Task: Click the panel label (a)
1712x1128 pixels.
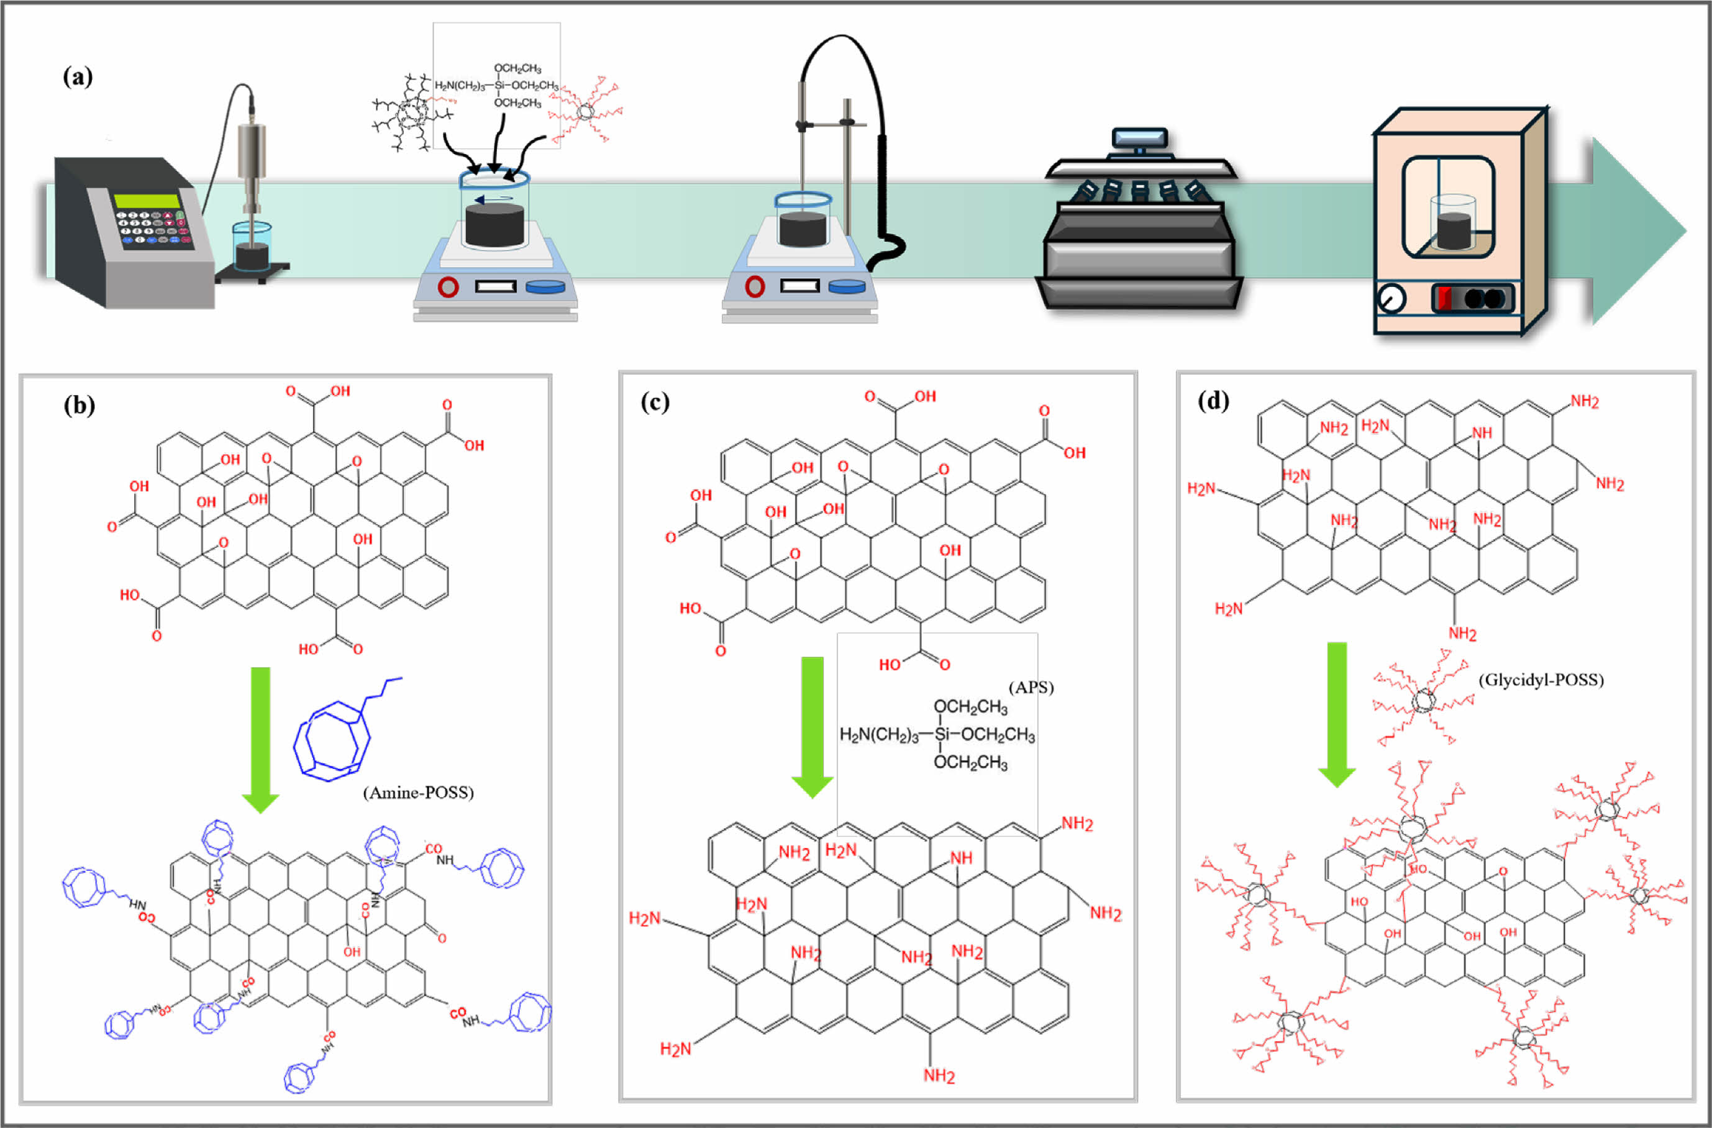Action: pos(78,76)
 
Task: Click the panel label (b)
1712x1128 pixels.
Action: pos(79,406)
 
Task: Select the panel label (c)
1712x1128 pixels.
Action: pos(655,402)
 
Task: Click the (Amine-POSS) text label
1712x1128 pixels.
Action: pos(418,793)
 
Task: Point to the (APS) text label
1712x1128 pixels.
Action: pos(1031,688)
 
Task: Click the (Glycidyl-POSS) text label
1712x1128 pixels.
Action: pos(1541,680)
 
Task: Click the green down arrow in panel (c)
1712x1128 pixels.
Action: pos(812,727)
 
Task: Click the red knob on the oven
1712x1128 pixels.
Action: pos(1444,298)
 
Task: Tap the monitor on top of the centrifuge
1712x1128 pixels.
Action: pos(1139,139)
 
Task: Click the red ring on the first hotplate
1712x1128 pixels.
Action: pos(448,288)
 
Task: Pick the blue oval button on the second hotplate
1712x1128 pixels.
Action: pos(847,287)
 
